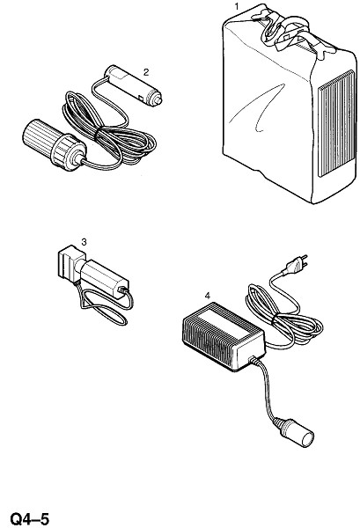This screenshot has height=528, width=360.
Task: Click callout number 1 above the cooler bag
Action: [237, 6]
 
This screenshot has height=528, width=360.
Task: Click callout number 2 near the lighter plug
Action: [146, 72]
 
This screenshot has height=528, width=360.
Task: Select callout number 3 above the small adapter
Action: [84, 242]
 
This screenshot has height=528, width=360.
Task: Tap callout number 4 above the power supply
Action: [208, 296]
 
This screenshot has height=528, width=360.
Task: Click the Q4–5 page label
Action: [30, 518]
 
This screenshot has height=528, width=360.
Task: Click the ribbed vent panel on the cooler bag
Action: [337, 123]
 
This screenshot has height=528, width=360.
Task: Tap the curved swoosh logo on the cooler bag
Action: [259, 108]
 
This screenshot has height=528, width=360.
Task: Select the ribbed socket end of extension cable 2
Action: [54, 145]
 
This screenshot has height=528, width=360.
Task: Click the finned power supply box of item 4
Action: [224, 336]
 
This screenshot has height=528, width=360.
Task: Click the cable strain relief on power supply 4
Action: [255, 361]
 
